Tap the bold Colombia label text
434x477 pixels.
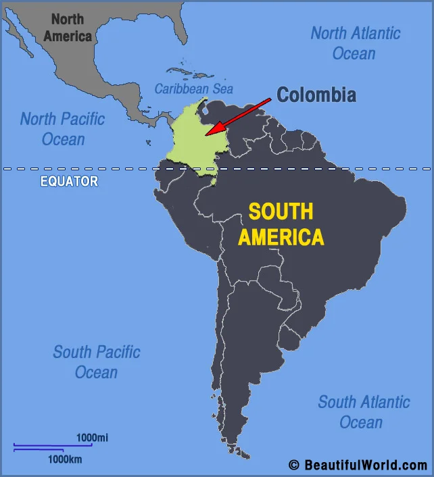(x=316, y=95)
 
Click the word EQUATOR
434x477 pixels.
(x=69, y=181)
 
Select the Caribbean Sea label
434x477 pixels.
(x=193, y=89)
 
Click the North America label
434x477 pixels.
(x=68, y=28)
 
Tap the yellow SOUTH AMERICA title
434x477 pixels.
(x=281, y=224)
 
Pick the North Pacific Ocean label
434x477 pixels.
(x=63, y=129)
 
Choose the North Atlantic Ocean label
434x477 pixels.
(x=355, y=43)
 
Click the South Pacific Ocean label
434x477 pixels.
(x=97, y=361)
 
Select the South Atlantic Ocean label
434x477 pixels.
(x=364, y=411)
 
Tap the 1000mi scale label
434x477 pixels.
(x=92, y=438)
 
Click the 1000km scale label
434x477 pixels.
(x=64, y=459)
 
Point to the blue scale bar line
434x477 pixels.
(x=52, y=446)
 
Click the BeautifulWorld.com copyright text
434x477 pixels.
(x=365, y=465)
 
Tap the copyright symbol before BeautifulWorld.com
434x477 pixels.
(x=293, y=465)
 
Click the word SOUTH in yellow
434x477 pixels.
(x=281, y=211)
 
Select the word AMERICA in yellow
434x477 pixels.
(x=281, y=237)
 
